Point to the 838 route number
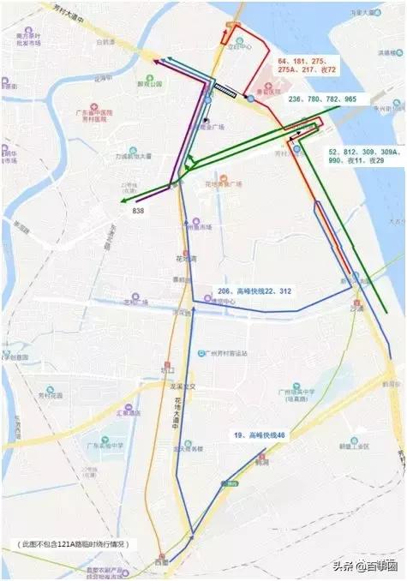pyautogui.click(x=138, y=210)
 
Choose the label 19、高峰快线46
pyautogui.click(x=260, y=436)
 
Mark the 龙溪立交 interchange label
pyautogui.click(x=183, y=386)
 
